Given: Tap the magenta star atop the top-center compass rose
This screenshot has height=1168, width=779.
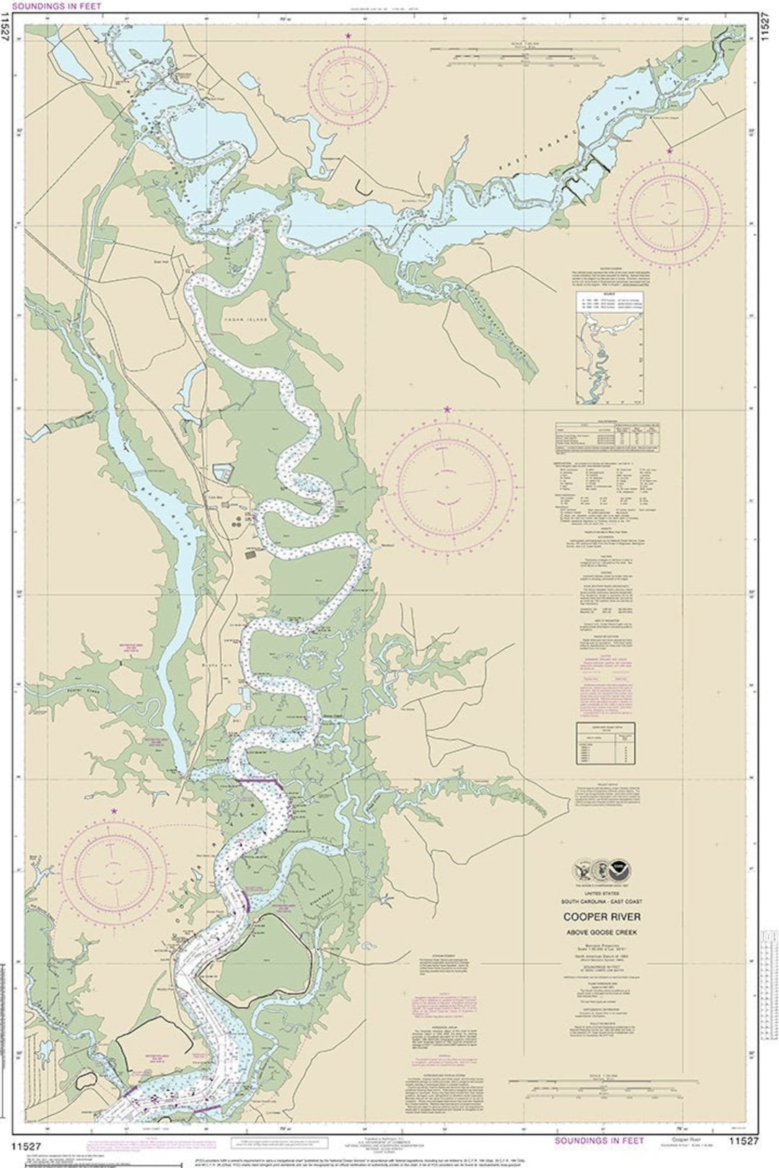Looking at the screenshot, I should pos(349,35).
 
